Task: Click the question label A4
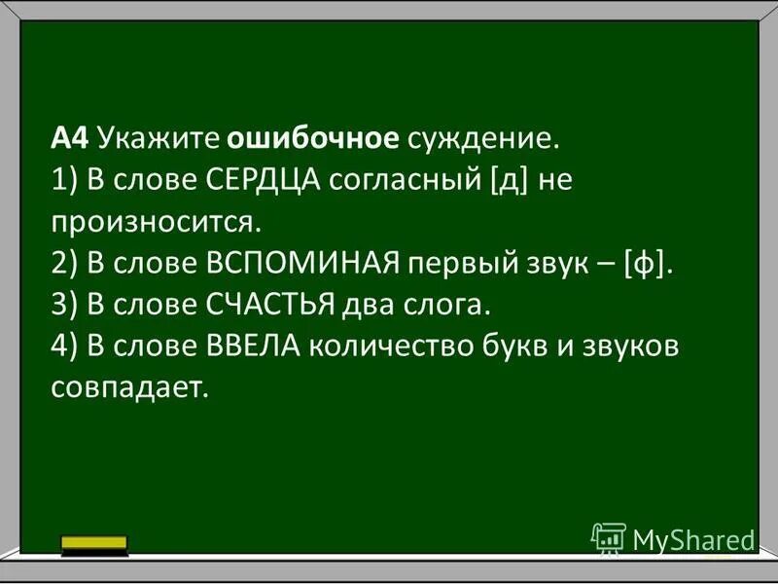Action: [x=70, y=139]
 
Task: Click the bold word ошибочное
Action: [x=313, y=139]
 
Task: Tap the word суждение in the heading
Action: [x=483, y=139]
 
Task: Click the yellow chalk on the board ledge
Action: [x=93, y=543]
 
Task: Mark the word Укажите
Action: [x=159, y=139]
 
